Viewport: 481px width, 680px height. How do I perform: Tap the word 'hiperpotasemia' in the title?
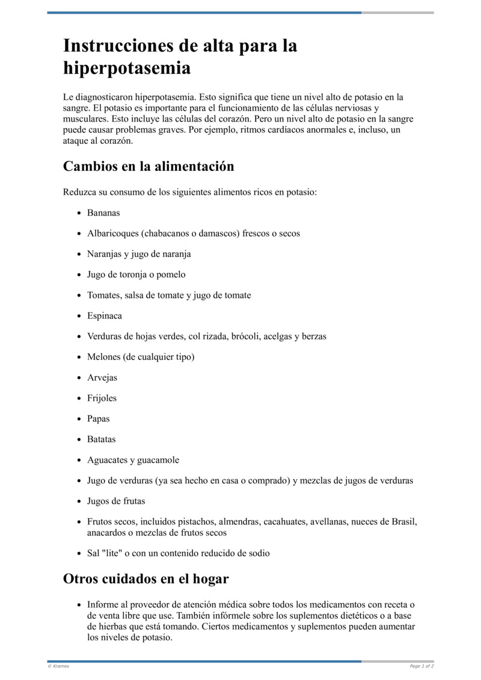(127, 69)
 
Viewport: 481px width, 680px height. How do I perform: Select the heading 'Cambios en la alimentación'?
(149, 166)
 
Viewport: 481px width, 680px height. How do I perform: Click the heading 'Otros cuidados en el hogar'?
(146, 579)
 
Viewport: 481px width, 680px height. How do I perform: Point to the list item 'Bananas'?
(103, 213)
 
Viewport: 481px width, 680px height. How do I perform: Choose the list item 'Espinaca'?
(105, 315)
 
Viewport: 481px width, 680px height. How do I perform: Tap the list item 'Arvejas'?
(102, 377)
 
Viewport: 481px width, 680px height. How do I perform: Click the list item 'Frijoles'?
(102, 398)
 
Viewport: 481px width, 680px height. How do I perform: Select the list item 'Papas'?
(99, 418)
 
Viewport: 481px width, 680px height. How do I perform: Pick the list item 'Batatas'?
(102, 439)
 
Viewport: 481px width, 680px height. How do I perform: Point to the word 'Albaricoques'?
(112, 233)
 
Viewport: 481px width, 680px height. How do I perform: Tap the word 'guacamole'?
(158, 460)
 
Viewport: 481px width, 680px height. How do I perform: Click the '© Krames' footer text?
(58, 666)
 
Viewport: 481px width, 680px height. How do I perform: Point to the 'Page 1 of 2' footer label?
(421, 666)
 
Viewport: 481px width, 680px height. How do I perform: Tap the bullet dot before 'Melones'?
(79, 357)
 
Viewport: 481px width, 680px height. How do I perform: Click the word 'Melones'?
(104, 357)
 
